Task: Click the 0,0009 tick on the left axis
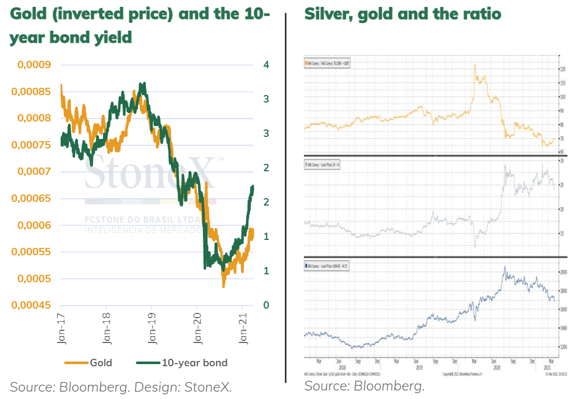point(35,65)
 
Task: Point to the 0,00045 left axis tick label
point(33,305)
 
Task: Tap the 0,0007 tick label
point(35,172)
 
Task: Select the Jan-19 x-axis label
point(152,330)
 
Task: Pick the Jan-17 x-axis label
point(62,330)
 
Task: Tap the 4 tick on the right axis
point(266,65)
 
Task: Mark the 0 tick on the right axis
point(266,305)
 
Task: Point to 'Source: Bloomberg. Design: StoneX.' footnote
point(121,386)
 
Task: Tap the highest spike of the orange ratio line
point(475,64)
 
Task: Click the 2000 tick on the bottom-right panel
point(563,272)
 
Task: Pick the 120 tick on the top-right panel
point(563,69)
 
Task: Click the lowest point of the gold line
point(224,286)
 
